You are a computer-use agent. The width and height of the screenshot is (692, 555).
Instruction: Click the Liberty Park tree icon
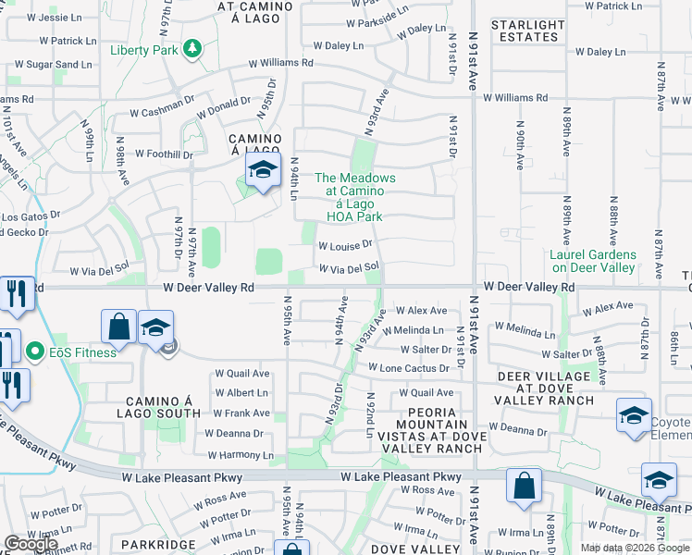coord(192,48)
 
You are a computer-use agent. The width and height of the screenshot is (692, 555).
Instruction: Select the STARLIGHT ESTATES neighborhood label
coord(527,31)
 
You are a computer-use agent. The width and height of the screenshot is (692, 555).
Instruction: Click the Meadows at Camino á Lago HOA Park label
coord(354,197)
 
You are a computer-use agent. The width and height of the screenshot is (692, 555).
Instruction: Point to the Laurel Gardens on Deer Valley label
coord(593,261)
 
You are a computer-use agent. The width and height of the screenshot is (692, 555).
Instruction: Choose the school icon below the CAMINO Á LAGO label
coord(264,170)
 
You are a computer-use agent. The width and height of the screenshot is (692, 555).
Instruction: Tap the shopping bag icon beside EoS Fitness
coord(119,327)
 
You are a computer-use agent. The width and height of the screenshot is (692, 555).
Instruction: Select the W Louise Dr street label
coord(344,246)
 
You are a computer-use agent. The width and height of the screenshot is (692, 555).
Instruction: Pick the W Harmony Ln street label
coord(241,455)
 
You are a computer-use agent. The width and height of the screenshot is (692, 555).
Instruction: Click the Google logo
coord(31,544)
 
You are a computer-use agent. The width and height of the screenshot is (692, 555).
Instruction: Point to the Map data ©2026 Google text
coord(635,547)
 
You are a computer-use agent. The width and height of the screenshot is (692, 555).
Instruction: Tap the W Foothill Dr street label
coord(163,154)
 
